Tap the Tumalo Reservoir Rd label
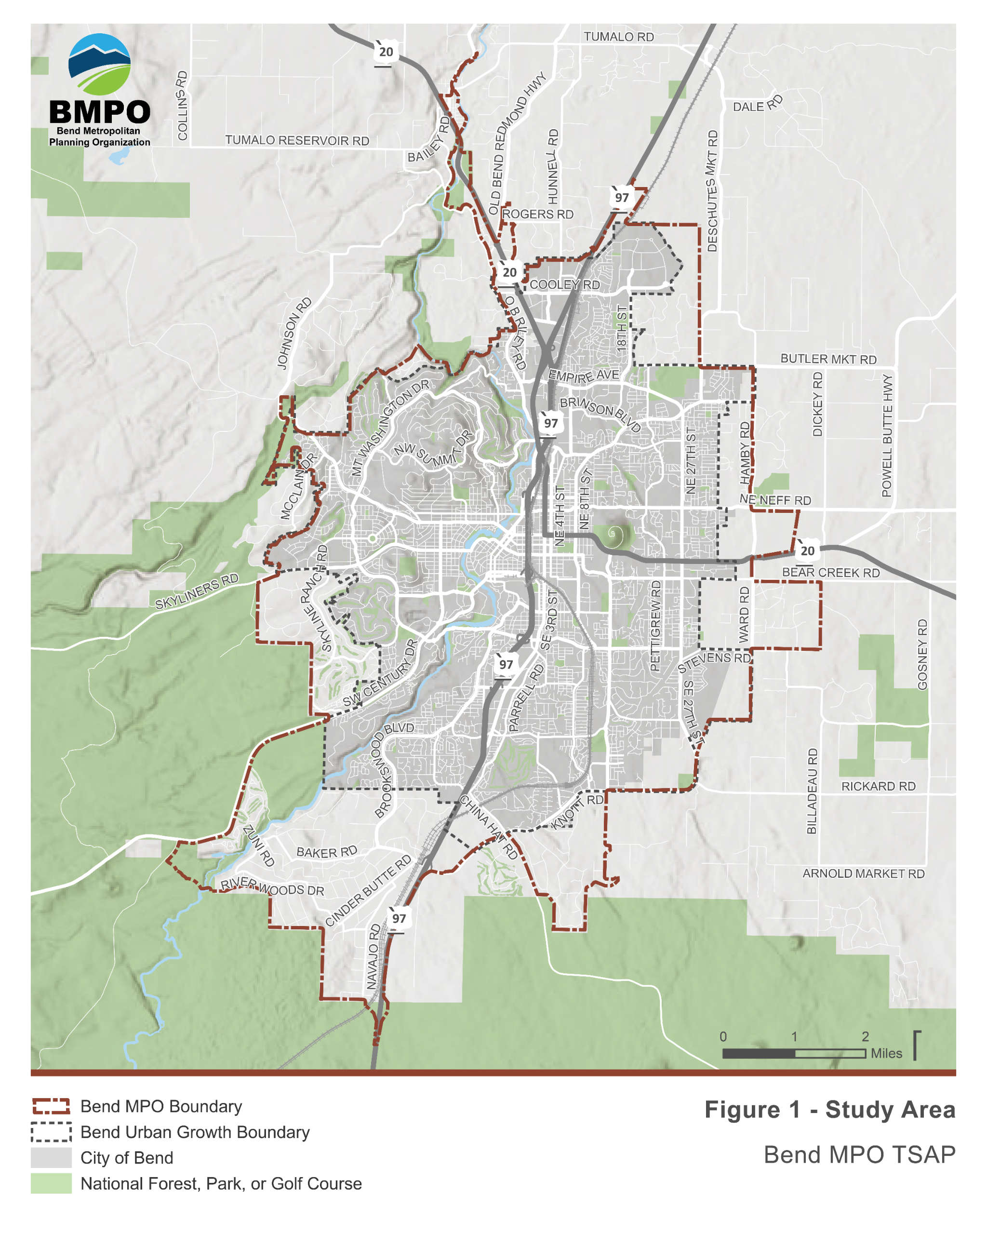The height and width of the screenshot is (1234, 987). click(x=296, y=140)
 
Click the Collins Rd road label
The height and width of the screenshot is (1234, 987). click(x=182, y=105)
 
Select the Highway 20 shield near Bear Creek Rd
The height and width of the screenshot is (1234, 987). click(x=807, y=550)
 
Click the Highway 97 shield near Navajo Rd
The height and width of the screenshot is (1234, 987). click(x=399, y=918)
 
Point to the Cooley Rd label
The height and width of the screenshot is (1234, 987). click(x=564, y=284)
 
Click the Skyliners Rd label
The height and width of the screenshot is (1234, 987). click(x=196, y=591)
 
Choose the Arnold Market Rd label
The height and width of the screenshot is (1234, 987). click(x=863, y=873)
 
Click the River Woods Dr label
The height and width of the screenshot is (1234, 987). click(x=272, y=886)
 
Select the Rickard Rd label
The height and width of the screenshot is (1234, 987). click(x=878, y=786)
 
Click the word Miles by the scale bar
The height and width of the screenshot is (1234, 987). click(x=886, y=1053)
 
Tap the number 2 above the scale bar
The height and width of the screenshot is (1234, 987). click(x=865, y=1036)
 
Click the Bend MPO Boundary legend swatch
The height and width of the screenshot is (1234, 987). click(x=51, y=1106)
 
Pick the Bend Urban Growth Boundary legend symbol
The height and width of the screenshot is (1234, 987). click(x=51, y=1132)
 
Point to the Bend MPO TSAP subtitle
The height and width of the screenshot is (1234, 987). click(x=859, y=1154)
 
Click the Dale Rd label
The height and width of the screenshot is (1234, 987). click(x=757, y=104)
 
